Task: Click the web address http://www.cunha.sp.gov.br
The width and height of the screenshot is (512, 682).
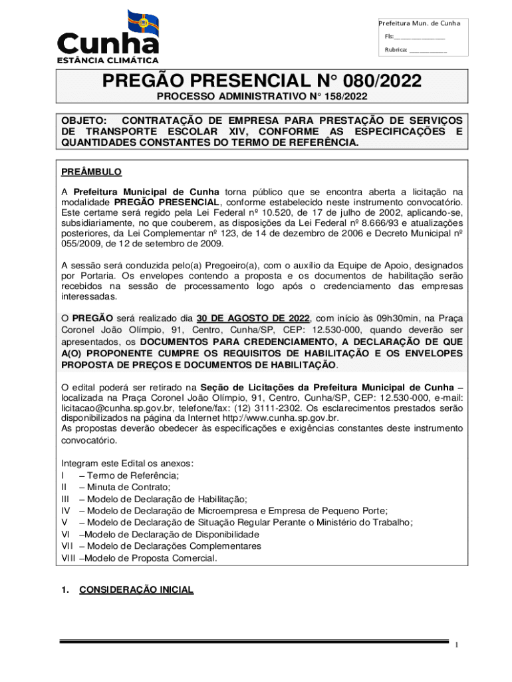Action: tap(281, 418)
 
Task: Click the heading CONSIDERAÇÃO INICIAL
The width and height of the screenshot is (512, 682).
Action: tap(136, 589)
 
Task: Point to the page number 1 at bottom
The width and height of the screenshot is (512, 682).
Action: tap(457, 646)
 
